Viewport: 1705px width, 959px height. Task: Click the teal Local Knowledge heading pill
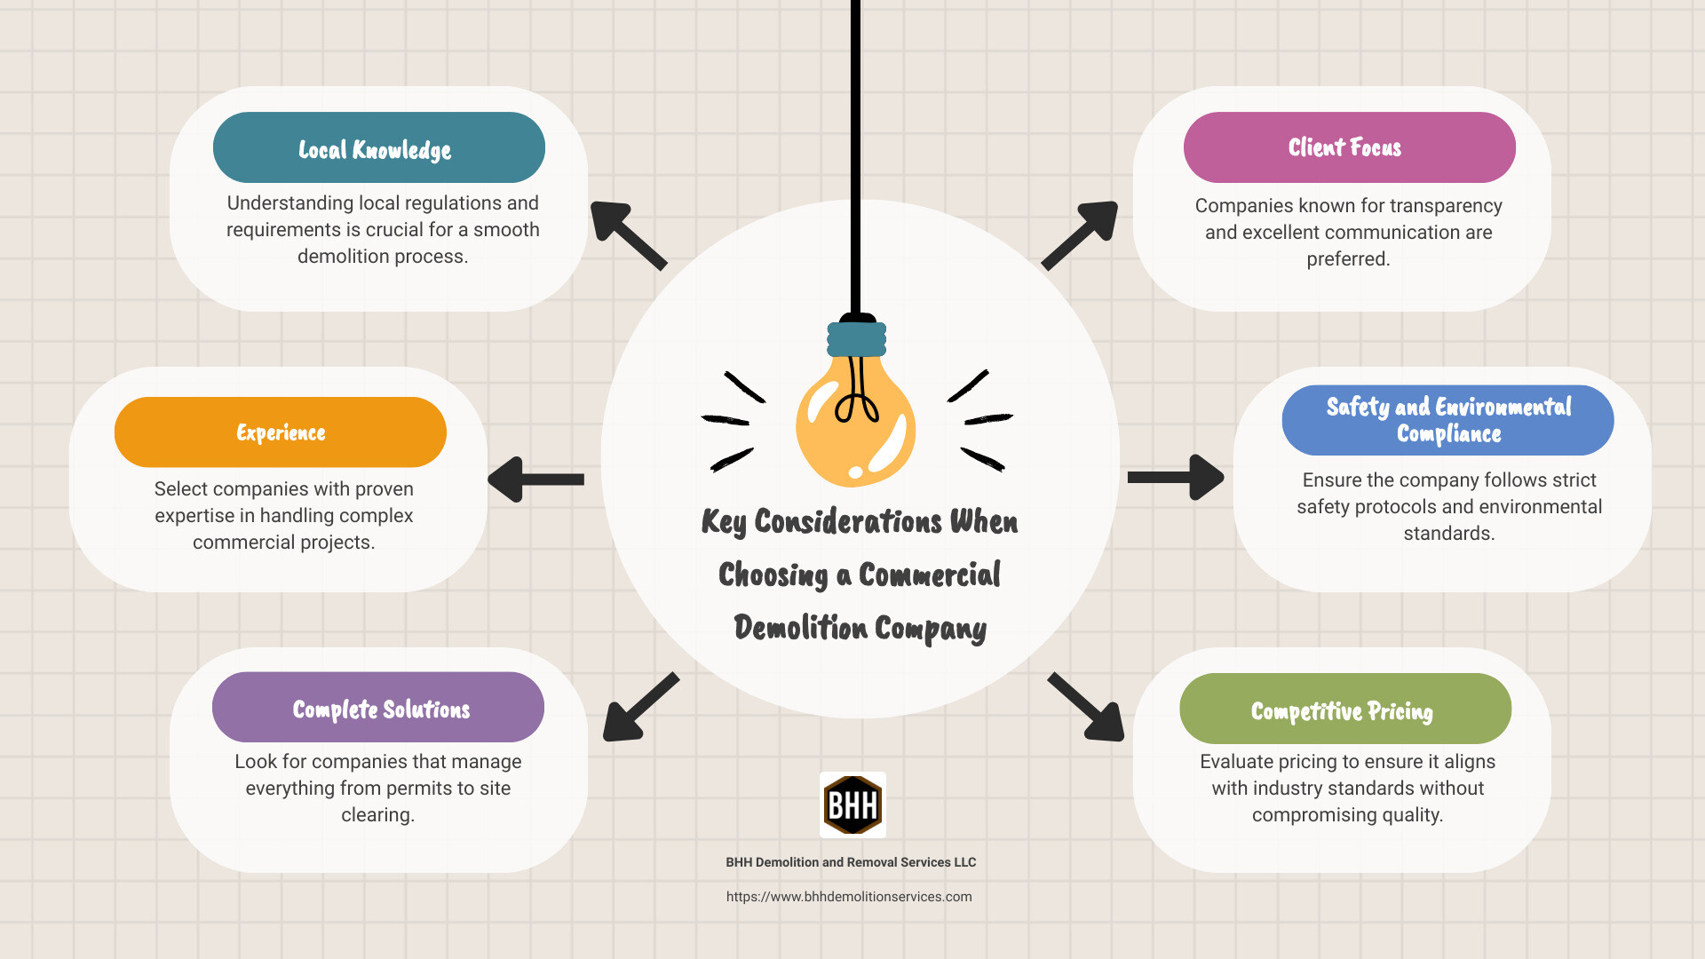click(x=378, y=147)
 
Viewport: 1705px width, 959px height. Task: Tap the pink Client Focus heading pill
click(x=1349, y=147)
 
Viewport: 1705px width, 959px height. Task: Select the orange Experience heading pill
click(x=281, y=432)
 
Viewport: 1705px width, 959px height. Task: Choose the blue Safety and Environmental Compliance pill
click(x=1447, y=420)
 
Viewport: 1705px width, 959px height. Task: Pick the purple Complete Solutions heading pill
click(x=378, y=708)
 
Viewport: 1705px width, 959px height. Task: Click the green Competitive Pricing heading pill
click(x=1344, y=709)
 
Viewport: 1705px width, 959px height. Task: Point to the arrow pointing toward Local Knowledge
click(x=627, y=234)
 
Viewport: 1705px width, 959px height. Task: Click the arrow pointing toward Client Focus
click(x=1081, y=234)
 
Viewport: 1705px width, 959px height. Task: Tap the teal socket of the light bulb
click(x=856, y=339)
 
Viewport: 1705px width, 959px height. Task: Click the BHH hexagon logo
click(x=852, y=804)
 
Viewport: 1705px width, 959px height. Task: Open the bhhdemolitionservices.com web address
click(x=849, y=897)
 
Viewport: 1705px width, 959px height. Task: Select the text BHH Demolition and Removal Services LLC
click(x=851, y=862)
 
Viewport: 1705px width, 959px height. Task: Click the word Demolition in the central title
click(x=800, y=628)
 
